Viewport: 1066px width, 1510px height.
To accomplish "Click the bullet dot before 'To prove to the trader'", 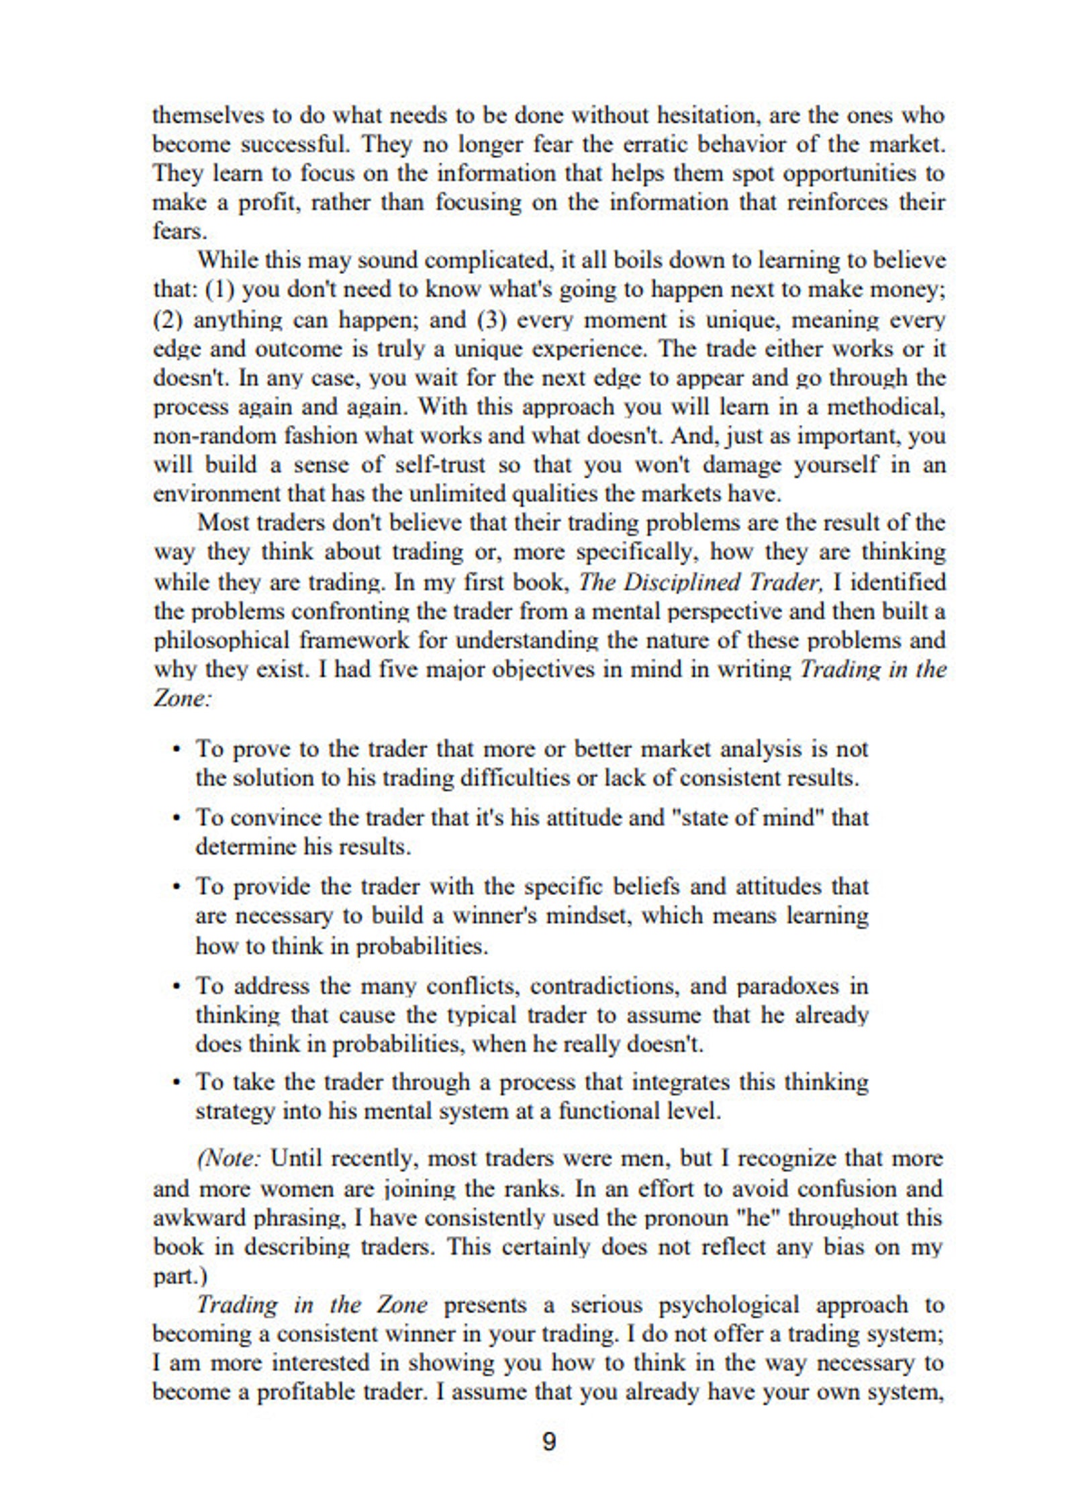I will [177, 749].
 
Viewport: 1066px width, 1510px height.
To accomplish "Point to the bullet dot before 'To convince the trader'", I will [177, 818].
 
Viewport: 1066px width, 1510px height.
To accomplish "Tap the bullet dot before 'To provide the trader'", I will [177, 888].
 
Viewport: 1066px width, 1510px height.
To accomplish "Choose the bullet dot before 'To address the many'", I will [177, 987].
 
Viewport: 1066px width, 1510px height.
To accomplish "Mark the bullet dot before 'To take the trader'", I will [177, 1083].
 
